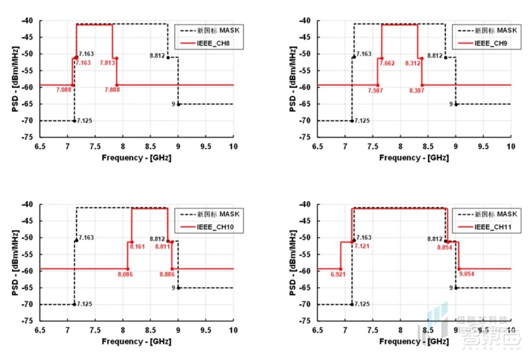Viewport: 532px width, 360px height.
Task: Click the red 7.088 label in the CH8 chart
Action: tap(63, 90)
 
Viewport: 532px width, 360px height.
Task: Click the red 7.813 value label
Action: tap(107, 63)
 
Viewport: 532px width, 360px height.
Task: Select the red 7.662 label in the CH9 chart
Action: tap(387, 63)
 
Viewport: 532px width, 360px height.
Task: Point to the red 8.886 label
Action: tap(168, 274)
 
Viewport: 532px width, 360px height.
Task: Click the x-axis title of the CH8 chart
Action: tap(137, 158)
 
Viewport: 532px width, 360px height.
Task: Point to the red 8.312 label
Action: tap(412, 63)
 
